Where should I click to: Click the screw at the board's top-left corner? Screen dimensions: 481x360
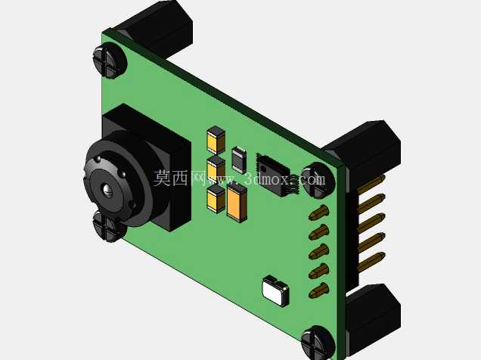110,61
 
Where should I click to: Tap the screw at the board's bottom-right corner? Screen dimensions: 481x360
318,343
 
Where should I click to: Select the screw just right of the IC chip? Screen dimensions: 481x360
318,180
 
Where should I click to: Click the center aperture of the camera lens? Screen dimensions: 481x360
107,189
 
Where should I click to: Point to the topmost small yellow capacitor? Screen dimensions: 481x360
216,140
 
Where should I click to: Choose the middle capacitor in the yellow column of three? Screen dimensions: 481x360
216,169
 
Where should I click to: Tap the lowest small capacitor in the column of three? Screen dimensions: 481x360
216,199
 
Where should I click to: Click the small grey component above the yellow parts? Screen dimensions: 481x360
239,160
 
